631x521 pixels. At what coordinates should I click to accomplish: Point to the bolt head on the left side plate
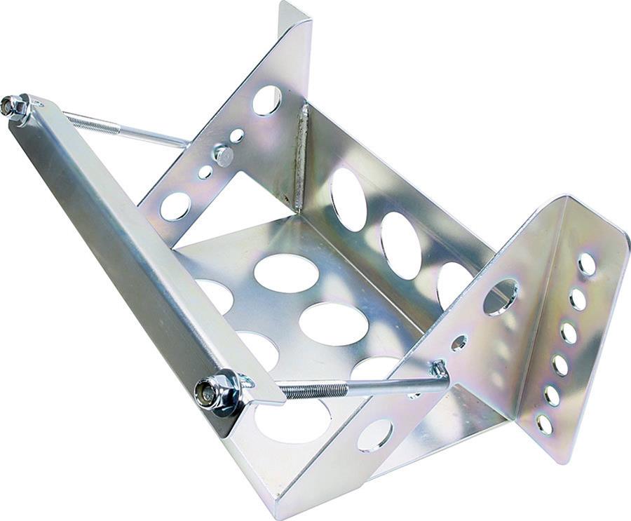tap(224, 155)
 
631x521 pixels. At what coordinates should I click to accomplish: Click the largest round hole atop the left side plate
tap(267, 100)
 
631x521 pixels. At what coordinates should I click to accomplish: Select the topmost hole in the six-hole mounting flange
tap(587, 264)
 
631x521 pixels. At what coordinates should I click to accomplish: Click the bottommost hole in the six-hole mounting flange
tap(544, 424)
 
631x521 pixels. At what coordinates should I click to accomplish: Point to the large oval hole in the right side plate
tap(501, 297)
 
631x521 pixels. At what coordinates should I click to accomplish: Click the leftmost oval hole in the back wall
tap(348, 199)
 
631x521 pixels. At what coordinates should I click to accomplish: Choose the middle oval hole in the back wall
tap(401, 245)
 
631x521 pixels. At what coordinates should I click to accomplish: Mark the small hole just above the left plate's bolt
tap(237, 135)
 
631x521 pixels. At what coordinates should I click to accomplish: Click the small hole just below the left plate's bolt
tap(205, 172)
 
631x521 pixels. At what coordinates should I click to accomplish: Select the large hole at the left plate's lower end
tap(175, 206)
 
